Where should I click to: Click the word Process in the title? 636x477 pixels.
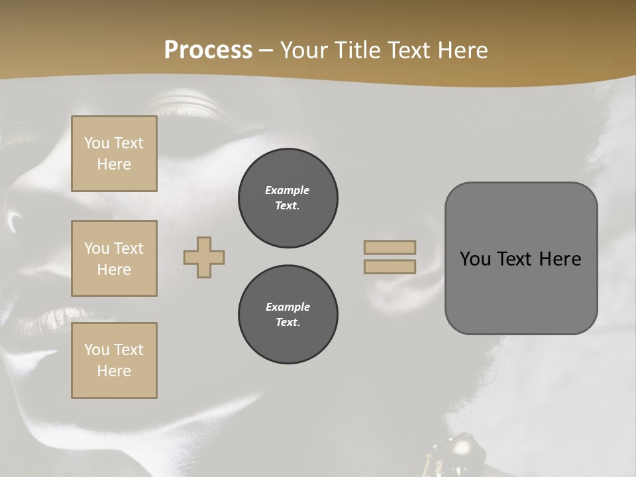coord(208,50)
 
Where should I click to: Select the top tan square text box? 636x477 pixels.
coord(114,154)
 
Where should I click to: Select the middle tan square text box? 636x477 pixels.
coord(114,258)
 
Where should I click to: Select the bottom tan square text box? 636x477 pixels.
coord(114,360)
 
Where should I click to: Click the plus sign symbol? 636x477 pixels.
coord(204,257)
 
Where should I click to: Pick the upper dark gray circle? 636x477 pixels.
coord(288,198)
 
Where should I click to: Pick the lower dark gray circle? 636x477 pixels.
coord(288,315)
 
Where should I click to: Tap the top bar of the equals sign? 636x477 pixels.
coord(390,247)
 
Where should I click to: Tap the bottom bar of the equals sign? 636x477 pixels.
coord(390,266)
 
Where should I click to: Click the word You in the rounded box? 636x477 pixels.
coord(475,259)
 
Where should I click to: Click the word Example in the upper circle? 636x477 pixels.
coord(287,190)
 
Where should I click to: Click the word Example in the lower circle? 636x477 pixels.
coord(288,307)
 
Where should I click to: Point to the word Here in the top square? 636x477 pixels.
coord(114,164)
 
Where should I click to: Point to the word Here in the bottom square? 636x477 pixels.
coord(114,371)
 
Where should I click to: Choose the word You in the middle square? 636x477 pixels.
coord(97,248)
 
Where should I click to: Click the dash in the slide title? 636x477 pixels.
coord(266,51)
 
